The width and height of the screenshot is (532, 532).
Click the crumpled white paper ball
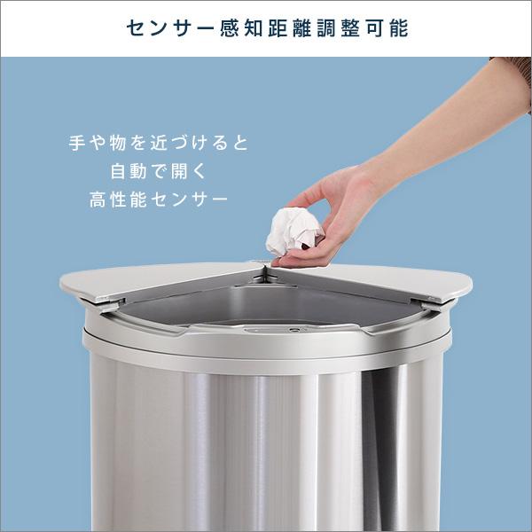(x=292, y=230)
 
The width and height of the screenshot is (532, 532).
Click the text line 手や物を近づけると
(x=159, y=142)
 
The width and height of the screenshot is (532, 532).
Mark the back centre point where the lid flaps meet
(x=263, y=263)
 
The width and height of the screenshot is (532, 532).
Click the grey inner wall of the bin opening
(x=222, y=310)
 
